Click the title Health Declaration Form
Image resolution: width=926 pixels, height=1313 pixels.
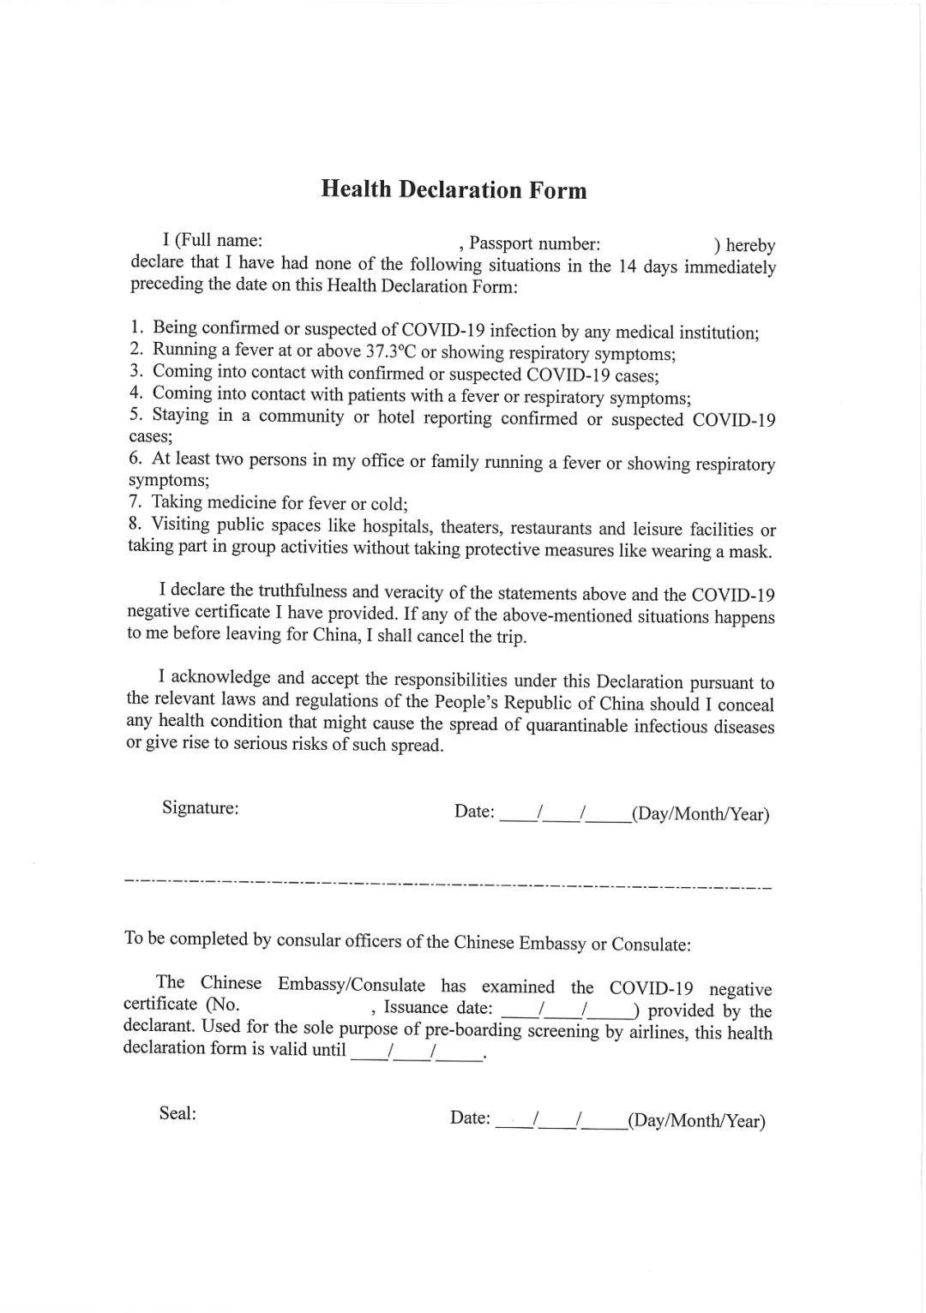coord(454,189)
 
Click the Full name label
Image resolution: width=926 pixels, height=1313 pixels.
coord(219,240)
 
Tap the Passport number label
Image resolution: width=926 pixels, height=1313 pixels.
coord(534,244)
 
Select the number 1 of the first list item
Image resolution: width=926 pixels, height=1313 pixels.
coord(136,327)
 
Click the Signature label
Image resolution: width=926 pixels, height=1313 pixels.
coord(201,807)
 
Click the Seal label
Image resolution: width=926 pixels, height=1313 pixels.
coord(177,1113)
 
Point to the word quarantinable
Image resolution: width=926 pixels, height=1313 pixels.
coord(577,726)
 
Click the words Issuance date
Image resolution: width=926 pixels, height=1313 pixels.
coord(438,1008)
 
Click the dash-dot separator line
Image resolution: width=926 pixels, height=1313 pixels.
coord(448,881)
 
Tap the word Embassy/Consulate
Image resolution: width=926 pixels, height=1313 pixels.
coord(352,985)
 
